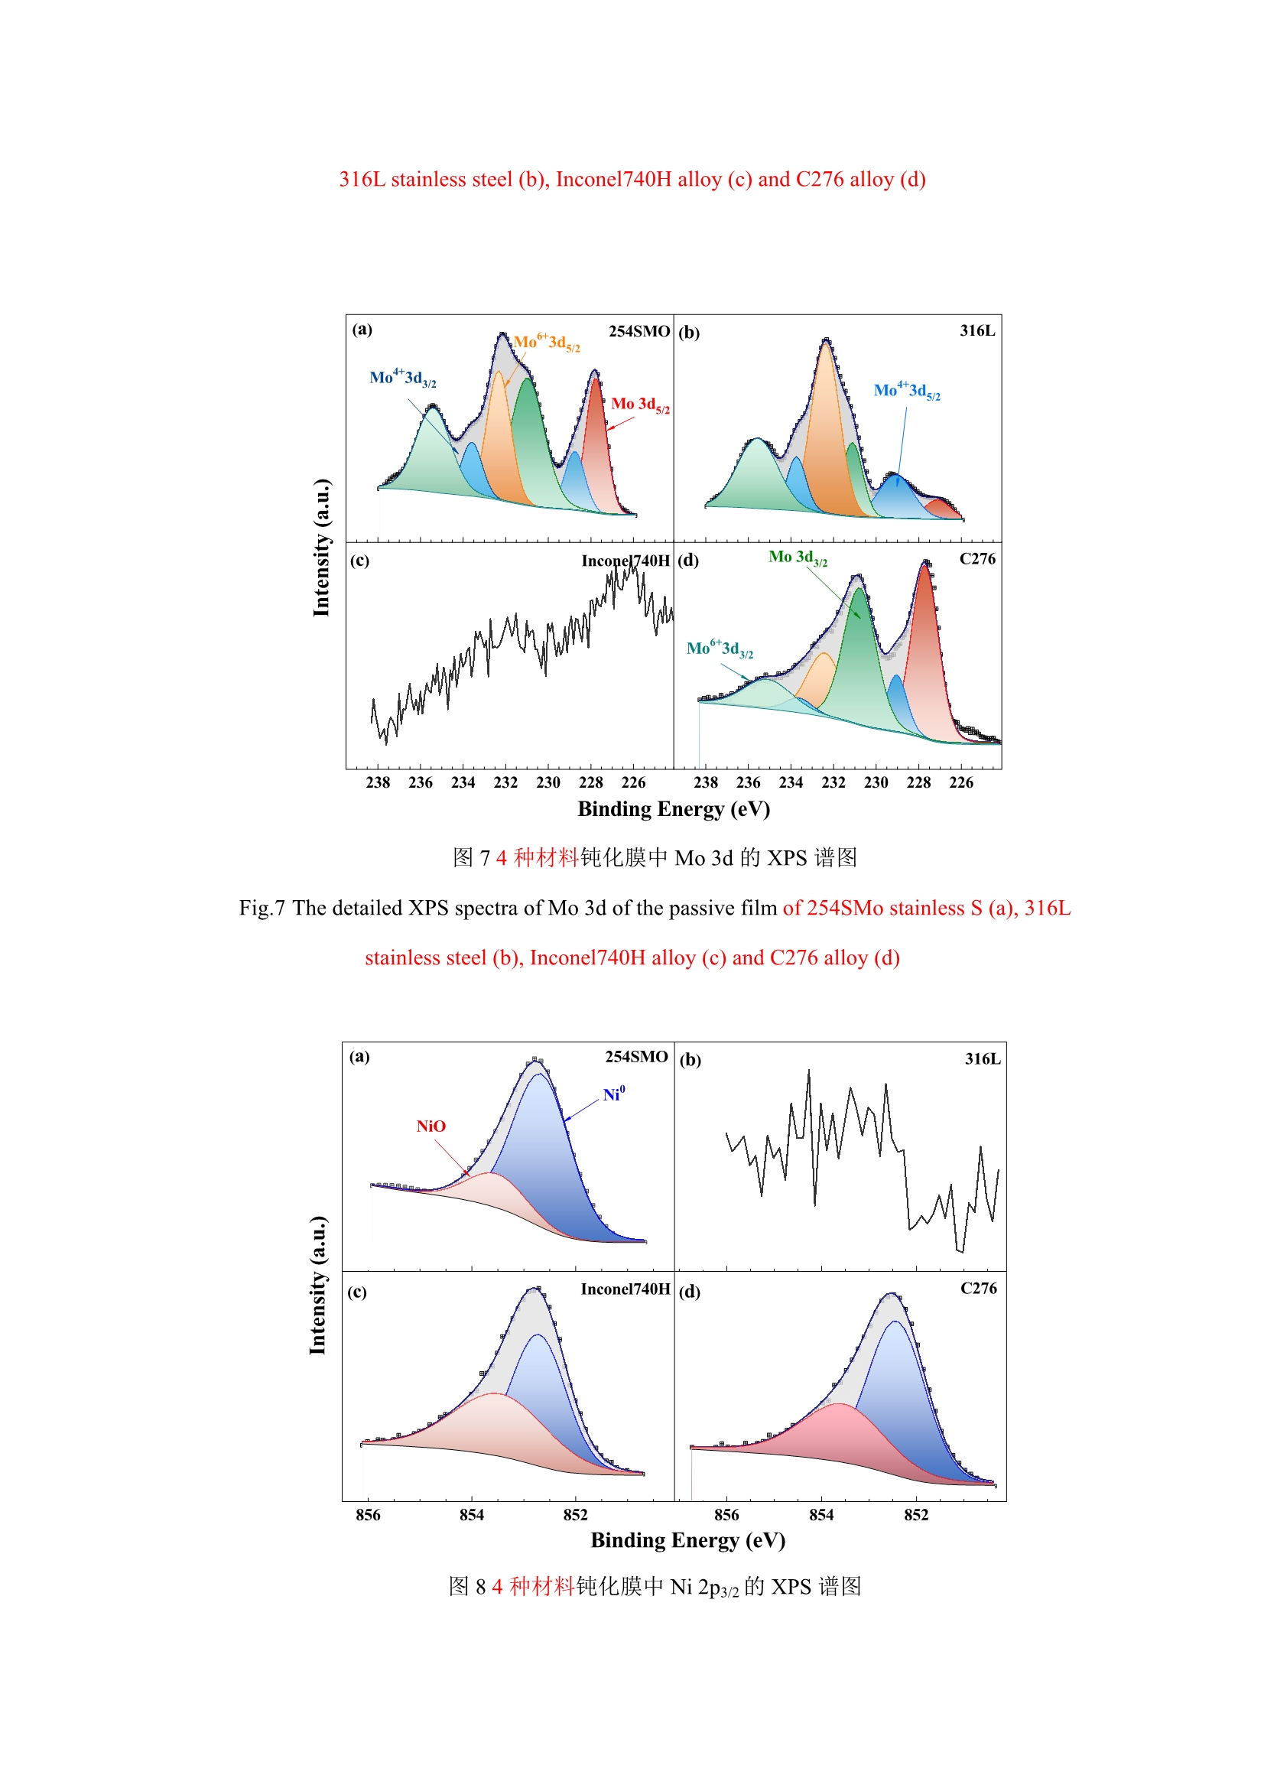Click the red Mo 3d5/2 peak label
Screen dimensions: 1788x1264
click(x=639, y=404)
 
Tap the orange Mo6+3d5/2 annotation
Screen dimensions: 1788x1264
click(x=546, y=343)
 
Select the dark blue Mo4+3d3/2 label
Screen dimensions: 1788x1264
click(x=402, y=379)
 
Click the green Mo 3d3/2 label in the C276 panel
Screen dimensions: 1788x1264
click(x=797, y=558)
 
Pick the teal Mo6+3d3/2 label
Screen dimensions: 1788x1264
click(x=719, y=649)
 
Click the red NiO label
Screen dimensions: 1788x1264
click(x=431, y=1126)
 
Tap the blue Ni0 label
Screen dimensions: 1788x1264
click(x=614, y=1094)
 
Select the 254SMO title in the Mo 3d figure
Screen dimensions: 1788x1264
click(x=638, y=331)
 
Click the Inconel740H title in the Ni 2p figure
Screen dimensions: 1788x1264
click(x=625, y=1289)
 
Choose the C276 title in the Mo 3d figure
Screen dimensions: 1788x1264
click(x=976, y=559)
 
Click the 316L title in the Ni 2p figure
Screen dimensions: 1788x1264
click(x=982, y=1058)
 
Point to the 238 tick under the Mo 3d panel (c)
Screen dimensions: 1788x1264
click(x=378, y=782)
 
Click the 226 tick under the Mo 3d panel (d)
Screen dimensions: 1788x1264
click(x=960, y=782)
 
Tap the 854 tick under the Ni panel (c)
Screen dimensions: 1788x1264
click(x=471, y=1515)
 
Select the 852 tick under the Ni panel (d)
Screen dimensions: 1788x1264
click(x=916, y=1515)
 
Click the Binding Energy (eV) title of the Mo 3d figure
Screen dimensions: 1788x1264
click(x=674, y=809)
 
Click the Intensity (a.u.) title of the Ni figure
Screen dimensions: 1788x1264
click(x=317, y=1285)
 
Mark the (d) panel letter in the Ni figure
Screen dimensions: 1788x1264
click(x=689, y=1292)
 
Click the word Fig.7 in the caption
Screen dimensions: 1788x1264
click(x=262, y=908)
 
